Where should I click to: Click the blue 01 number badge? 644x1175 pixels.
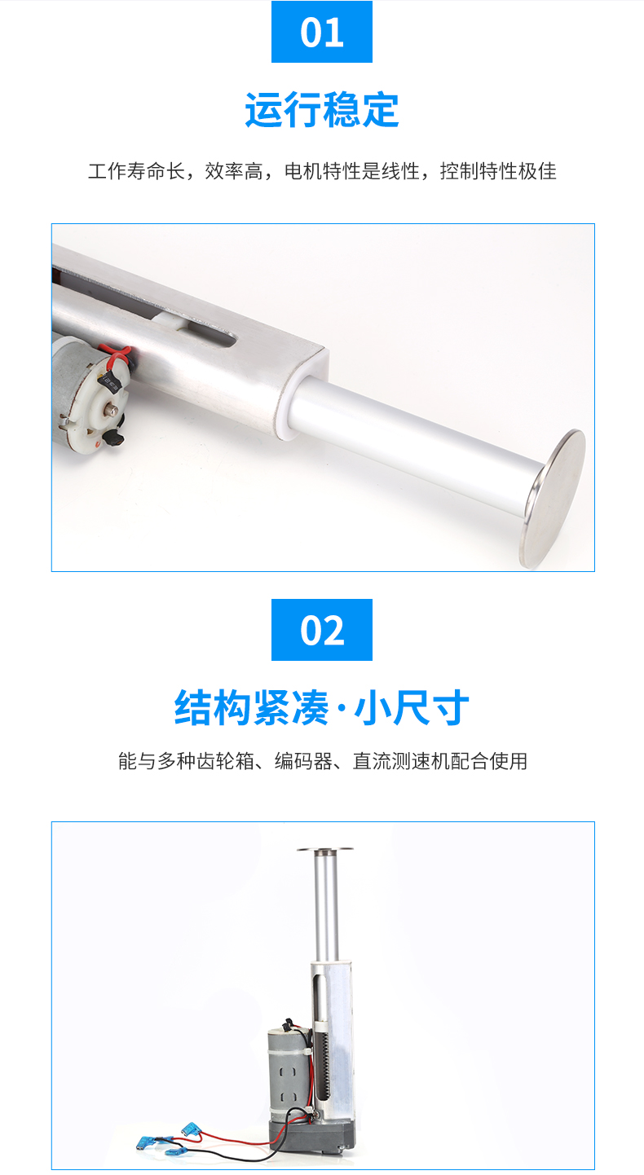322,33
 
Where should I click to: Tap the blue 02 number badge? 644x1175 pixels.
322,630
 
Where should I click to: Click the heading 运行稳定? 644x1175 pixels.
322,110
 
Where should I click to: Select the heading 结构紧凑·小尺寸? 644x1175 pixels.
322,707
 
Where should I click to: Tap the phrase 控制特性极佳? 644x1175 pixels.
498,172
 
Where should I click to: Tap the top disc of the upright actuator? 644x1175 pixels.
325,849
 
